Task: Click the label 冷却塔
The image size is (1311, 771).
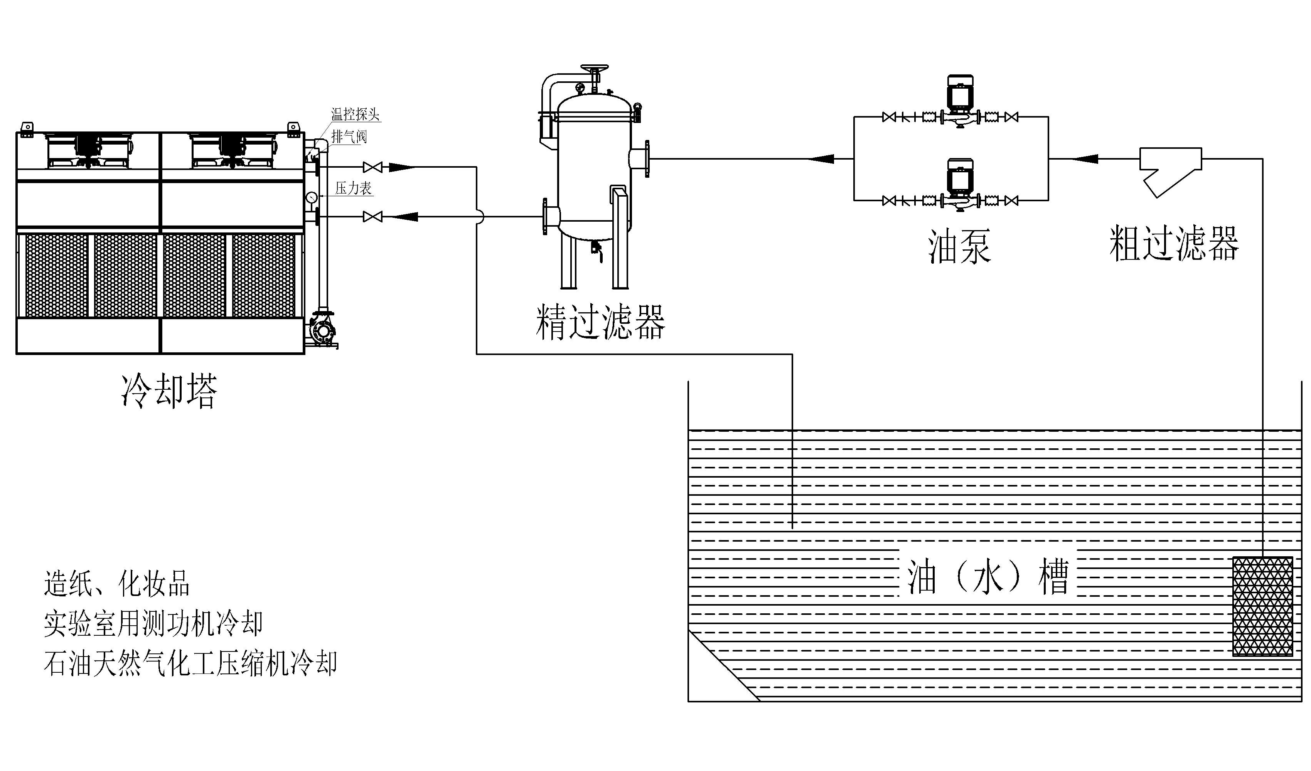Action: (x=169, y=390)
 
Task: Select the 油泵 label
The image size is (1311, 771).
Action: (x=959, y=247)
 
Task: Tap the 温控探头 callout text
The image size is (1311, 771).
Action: (x=356, y=114)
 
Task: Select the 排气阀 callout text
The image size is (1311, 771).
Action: (x=349, y=137)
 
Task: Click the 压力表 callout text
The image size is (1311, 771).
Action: (x=353, y=189)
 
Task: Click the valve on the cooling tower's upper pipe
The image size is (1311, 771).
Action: (x=372, y=167)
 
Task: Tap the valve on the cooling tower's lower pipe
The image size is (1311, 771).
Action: (x=372, y=216)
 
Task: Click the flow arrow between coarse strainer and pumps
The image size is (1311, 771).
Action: (x=1085, y=159)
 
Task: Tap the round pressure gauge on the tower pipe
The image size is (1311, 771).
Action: (x=312, y=198)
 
